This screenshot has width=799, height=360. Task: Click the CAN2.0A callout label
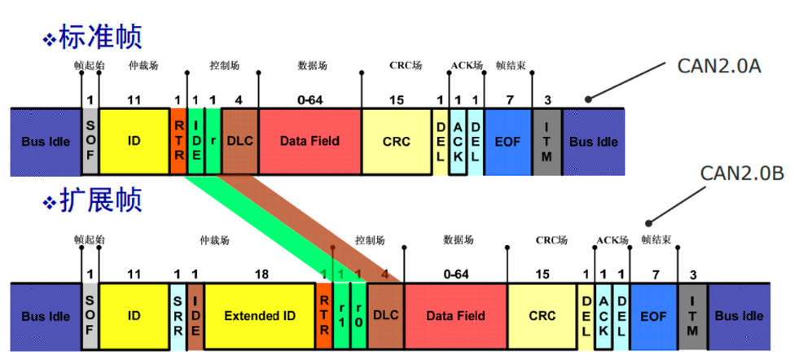coord(719,66)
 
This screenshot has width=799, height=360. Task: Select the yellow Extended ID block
coord(260,316)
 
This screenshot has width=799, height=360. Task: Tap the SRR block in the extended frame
coord(178,316)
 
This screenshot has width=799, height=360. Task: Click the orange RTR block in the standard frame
coord(178,141)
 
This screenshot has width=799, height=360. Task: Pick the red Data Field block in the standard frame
coord(310,141)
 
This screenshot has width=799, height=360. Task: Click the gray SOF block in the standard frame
coord(90,141)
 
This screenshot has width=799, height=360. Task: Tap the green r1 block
coord(341,316)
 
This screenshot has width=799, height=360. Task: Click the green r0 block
coord(358,316)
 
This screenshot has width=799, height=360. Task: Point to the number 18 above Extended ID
coord(261,274)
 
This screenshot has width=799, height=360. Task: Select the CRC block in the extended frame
coord(542,316)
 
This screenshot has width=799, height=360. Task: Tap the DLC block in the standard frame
coord(239,141)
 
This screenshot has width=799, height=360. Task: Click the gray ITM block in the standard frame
coord(547,141)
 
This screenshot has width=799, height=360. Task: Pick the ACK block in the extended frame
coord(604,316)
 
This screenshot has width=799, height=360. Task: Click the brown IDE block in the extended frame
coord(195,316)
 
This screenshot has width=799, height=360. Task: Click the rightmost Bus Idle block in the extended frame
coord(740,316)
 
